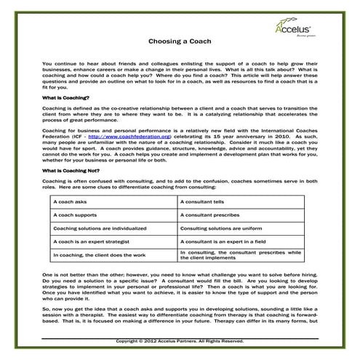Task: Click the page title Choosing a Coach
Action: pos(179,41)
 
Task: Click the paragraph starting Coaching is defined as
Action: pos(179,113)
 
